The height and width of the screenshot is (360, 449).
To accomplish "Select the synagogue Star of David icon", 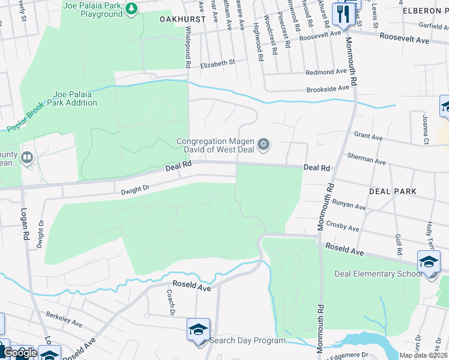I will pos(264,145).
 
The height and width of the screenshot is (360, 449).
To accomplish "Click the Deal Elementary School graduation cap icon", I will pos(429,262).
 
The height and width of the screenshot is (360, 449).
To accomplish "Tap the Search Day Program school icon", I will pos(198,329).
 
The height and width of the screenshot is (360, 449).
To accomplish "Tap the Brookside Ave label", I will pos(328,88).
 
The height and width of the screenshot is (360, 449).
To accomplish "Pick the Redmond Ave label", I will pos(327,72).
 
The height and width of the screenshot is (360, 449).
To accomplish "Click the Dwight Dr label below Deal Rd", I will pos(134,190).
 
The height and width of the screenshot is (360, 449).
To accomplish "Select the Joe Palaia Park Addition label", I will pos(75,98).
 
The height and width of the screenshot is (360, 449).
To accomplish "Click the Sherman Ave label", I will pos(366,159).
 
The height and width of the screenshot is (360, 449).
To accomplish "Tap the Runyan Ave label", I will pos(349,206).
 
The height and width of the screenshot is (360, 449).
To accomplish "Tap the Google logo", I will pos(20,353).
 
